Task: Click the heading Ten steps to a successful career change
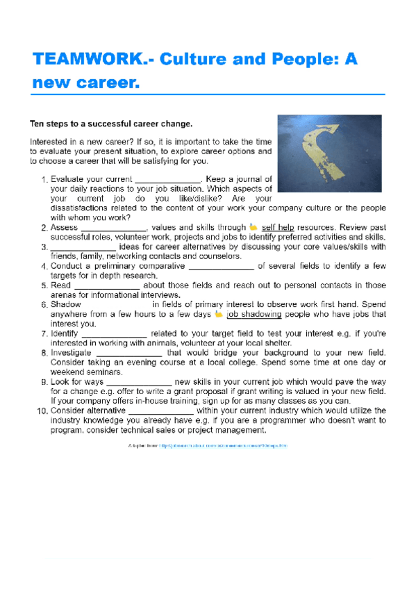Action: [x=110, y=124]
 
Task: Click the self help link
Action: [x=278, y=227]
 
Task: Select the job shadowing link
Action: [x=254, y=314]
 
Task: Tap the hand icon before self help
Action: [x=253, y=227]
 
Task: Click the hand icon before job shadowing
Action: [x=219, y=314]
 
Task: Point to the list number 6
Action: [x=43, y=304]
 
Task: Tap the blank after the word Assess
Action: [x=113, y=227]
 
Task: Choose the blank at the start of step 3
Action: [x=83, y=247]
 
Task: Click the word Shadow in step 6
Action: [x=66, y=304]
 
